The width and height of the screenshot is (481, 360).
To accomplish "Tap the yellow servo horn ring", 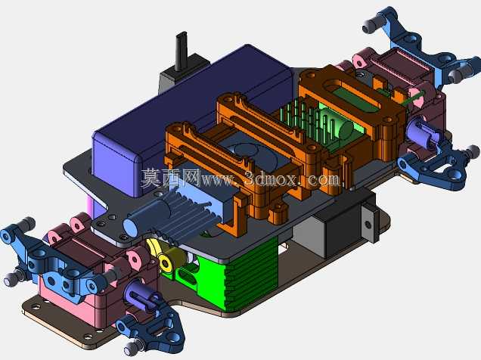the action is pos(166,263).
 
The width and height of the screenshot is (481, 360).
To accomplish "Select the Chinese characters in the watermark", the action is pos(171,178).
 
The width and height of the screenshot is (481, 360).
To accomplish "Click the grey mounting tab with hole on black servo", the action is pos(368,223).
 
